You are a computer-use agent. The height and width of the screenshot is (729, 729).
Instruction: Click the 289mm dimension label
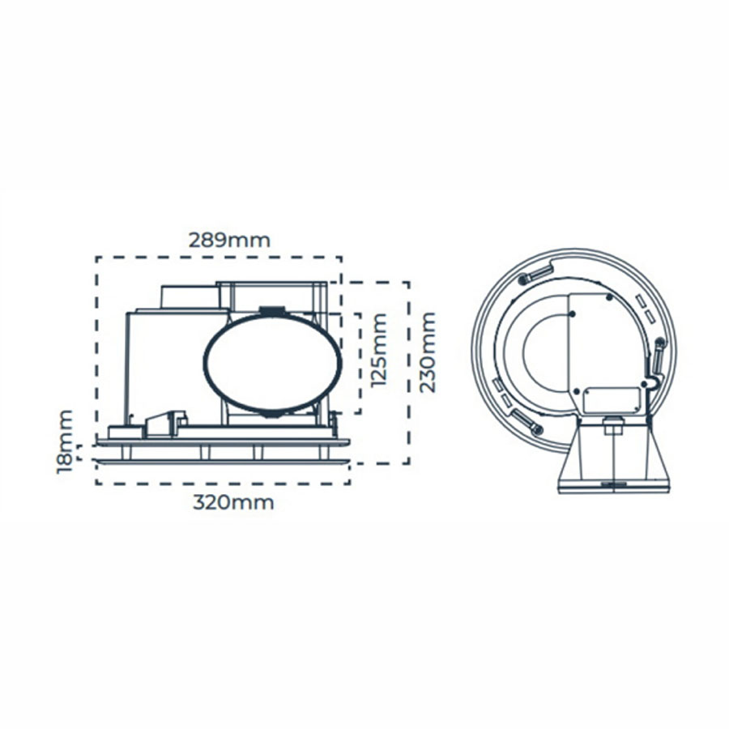(x=229, y=241)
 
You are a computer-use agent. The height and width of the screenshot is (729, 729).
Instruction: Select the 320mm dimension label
(x=233, y=502)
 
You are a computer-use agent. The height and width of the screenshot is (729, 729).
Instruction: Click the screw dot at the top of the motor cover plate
(x=608, y=297)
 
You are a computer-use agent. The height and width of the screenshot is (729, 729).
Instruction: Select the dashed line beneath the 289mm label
(x=219, y=258)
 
